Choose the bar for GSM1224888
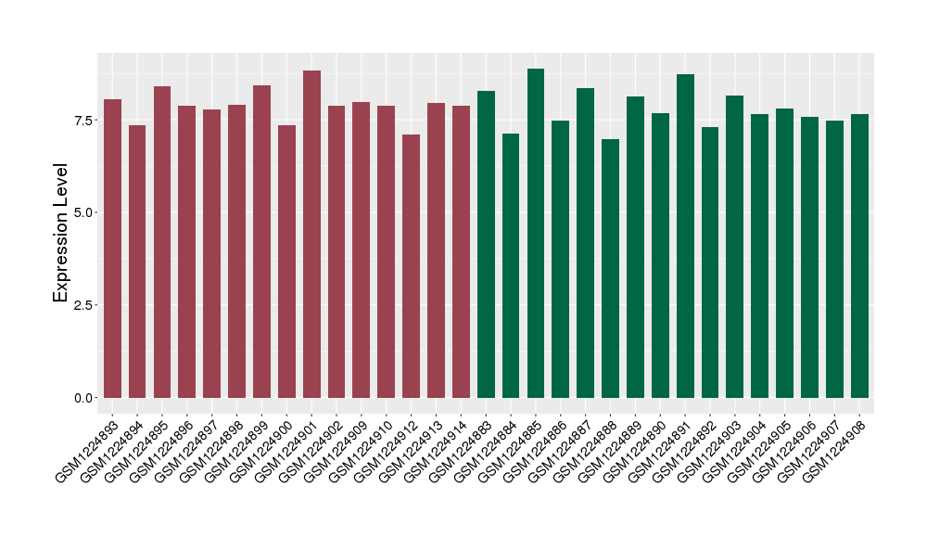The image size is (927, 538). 610,268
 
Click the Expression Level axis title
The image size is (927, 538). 61,233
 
